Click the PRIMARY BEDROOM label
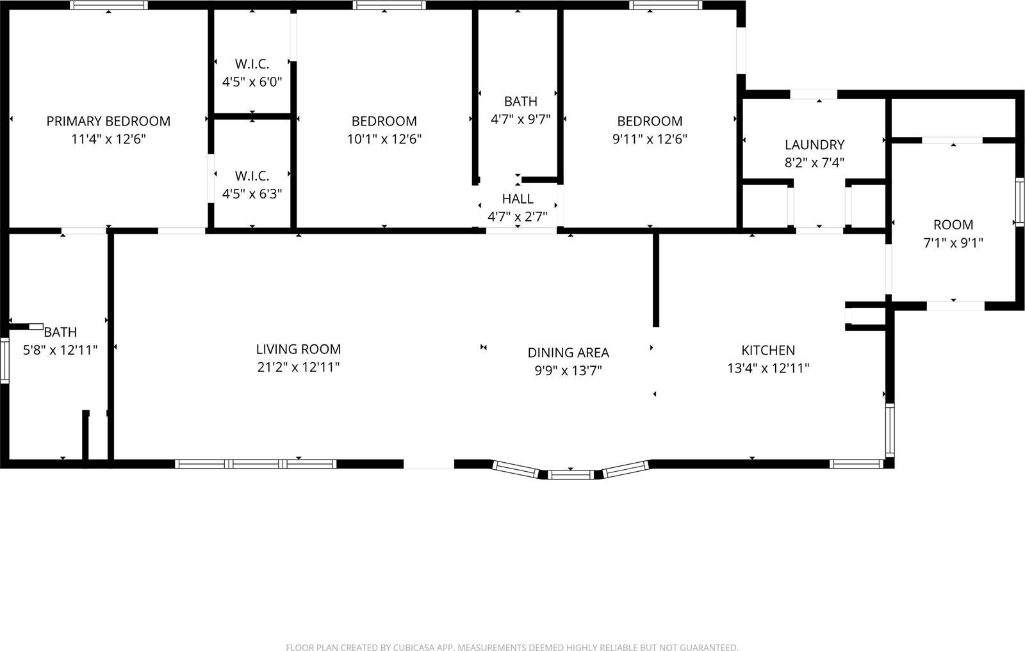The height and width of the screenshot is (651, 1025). point(108,121)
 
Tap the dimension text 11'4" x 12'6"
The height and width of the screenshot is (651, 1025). point(108,139)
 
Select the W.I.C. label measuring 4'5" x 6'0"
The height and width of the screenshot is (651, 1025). point(252,64)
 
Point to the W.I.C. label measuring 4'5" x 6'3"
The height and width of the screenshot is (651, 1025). point(252,175)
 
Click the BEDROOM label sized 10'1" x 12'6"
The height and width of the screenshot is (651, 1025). point(384,121)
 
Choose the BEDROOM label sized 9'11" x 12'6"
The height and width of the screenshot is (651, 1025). point(650,121)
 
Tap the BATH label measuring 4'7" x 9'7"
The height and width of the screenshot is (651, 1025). point(520,101)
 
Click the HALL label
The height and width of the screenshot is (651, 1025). point(518,198)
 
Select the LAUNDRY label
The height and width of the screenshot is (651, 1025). point(814,145)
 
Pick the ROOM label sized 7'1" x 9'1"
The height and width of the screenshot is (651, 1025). point(953,225)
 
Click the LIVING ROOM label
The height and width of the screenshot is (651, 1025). point(298,349)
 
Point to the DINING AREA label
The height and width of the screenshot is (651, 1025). point(568,353)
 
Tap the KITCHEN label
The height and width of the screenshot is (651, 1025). point(768,350)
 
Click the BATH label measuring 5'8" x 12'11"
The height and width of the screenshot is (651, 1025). point(60,332)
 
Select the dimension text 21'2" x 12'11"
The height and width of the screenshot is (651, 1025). point(298,367)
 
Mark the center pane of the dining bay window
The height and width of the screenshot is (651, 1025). point(571,474)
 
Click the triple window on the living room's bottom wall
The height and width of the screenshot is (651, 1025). point(256,464)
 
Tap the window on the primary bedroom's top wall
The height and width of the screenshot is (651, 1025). point(108,5)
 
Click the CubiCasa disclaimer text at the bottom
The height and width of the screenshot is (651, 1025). point(512,647)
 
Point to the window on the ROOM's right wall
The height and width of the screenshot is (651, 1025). point(1019,202)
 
